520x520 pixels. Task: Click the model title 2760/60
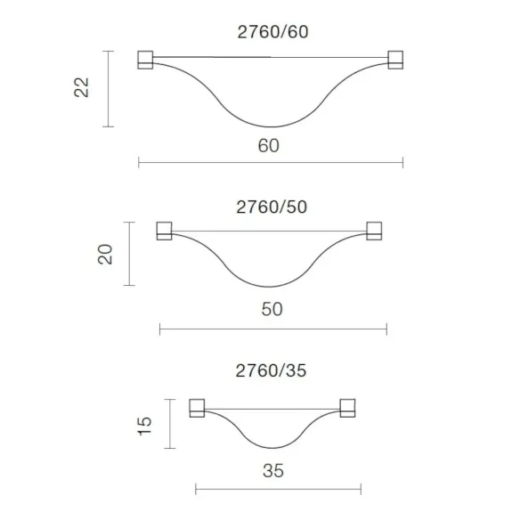point(272,32)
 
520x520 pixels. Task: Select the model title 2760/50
point(272,207)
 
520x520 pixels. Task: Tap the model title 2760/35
point(271,370)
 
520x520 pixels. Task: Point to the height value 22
point(82,87)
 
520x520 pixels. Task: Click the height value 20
point(105,254)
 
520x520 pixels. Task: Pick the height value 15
point(144,426)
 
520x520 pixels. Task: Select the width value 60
point(269,146)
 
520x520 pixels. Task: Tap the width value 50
point(272,309)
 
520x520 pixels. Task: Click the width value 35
point(273,471)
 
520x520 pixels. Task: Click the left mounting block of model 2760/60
point(145,60)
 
